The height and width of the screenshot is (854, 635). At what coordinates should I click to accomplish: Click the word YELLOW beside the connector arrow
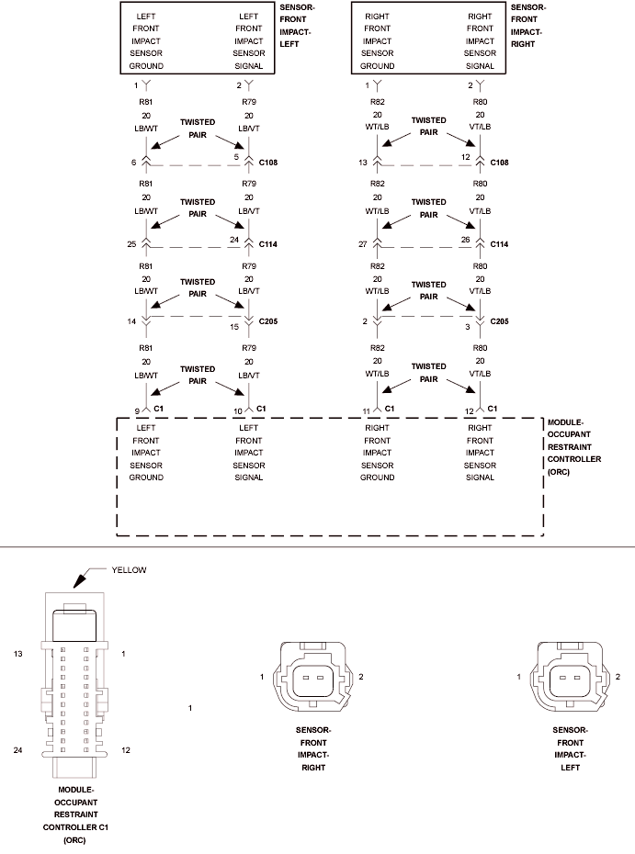coord(130,569)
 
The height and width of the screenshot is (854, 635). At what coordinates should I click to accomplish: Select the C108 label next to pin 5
coord(268,163)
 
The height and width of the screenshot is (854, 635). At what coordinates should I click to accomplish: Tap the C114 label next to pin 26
coord(499,244)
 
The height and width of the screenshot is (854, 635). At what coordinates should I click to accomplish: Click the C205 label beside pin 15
coord(268,321)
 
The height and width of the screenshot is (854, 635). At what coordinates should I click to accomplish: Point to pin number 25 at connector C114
coord(132,244)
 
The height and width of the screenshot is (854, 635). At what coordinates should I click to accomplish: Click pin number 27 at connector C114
coord(363,244)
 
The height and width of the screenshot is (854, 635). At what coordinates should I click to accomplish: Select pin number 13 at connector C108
coord(363,163)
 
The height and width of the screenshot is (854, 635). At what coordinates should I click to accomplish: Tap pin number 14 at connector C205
coord(131,321)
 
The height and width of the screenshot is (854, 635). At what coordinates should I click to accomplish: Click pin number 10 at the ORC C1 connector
coord(238,411)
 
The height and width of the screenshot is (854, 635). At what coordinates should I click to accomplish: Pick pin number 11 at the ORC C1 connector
coord(367,411)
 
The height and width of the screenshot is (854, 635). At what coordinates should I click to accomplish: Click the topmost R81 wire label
coord(146,102)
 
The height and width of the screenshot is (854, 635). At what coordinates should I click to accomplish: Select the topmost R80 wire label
coord(481,102)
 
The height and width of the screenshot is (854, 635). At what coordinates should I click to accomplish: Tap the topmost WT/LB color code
coord(377,127)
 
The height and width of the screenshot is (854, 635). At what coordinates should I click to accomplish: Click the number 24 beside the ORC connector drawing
coord(18,750)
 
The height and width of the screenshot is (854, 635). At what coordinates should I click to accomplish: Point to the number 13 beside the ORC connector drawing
coord(18,654)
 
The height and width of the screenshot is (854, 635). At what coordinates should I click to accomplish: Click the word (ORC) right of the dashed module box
coord(559,472)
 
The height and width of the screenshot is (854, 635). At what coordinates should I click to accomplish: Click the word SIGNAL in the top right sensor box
coord(481,66)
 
